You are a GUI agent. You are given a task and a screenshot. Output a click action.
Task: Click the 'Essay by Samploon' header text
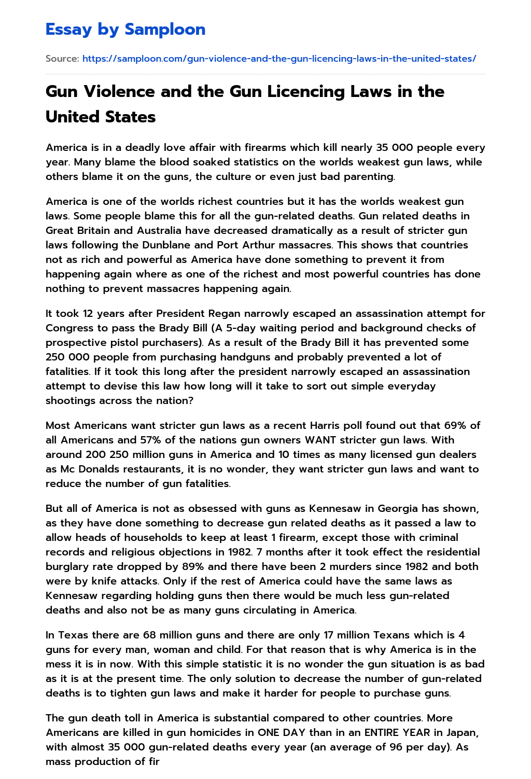[x=125, y=30]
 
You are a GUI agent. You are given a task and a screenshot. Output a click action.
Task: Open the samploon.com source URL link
[x=279, y=59]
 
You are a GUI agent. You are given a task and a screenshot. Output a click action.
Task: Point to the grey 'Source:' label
[x=62, y=59]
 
